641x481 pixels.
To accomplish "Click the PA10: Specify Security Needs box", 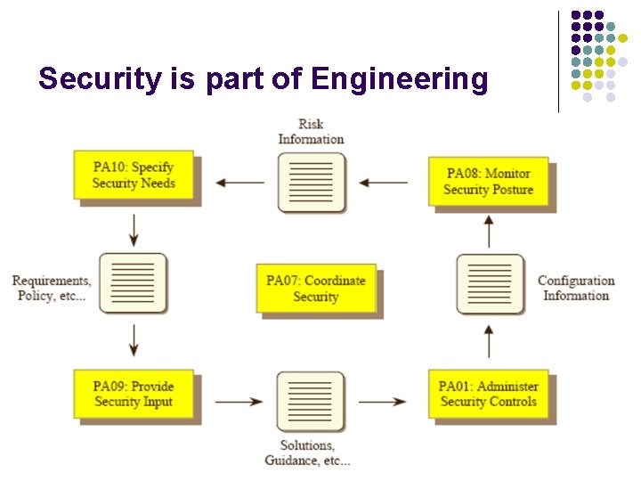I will pos(134,175).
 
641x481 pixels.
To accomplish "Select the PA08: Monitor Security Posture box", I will pos(488,182).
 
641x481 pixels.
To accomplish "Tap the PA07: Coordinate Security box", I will pos(316,289).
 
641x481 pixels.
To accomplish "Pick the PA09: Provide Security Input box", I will pos(134,394).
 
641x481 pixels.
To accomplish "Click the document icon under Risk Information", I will pos(311,183).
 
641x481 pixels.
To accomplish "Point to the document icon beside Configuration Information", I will pos(489,284).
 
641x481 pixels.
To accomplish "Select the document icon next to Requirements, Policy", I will pos(134,283).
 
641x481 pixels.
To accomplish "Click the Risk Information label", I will pos(311,132).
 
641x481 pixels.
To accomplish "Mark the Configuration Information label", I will pos(576,288).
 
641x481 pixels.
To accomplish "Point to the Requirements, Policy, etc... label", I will pos(51,288).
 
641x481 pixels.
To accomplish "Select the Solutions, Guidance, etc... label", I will pos(308,452).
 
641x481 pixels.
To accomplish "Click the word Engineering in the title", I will pos(400,80).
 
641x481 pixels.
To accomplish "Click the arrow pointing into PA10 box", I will pos(239,183).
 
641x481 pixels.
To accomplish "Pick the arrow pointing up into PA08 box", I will pos(489,232).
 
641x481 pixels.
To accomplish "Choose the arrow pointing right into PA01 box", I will pos(383,402).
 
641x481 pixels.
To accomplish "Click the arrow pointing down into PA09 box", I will pos(134,341).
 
